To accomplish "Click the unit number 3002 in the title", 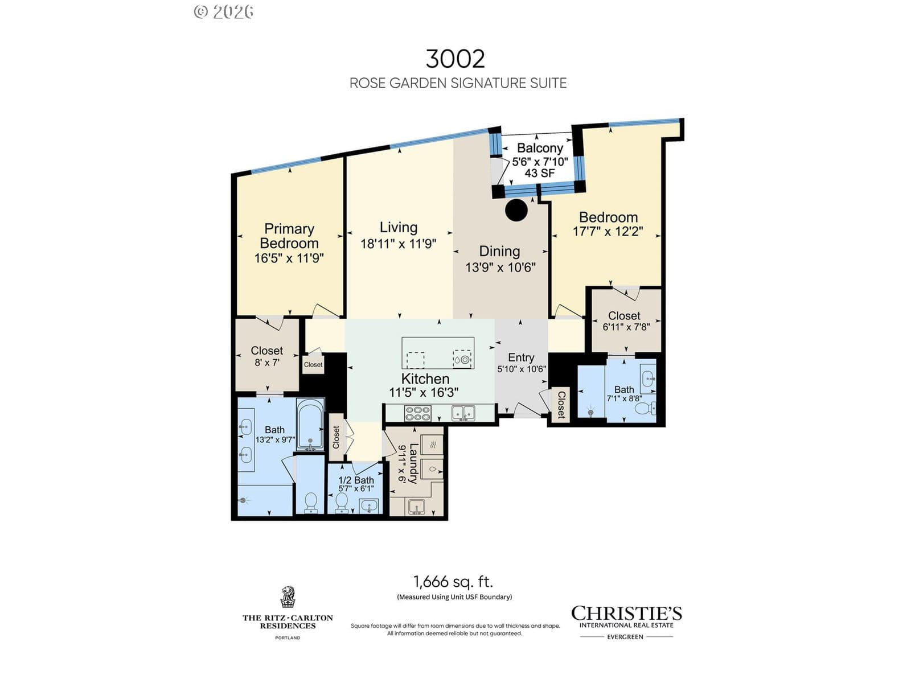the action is click(x=455, y=59).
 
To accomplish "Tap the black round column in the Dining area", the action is click(x=516, y=210).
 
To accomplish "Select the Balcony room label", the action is click(x=540, y=147).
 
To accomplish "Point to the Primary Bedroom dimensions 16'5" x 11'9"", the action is click(x=289, y=258).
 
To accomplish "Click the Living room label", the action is click(x=399, y=227).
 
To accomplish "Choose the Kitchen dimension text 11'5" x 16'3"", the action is click(x=424, y=392).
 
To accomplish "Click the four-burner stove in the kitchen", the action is click(x=417, y=413).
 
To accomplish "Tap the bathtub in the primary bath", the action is click(x=310, y=425).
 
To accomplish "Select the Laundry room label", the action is click(x=413, y=464).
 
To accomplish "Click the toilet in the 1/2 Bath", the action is click(x=341, y=503).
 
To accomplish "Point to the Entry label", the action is click(x=522, y=357).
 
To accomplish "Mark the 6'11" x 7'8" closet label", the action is click(x=626, y=327).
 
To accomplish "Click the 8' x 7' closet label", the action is click(x=267, y=363).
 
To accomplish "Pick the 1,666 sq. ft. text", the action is click(x=453, y=582).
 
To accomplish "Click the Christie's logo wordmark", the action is click(x=626, y=614).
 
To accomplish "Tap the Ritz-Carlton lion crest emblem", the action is click(x=288, y=596).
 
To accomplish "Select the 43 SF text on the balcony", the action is click(x=540, y=173).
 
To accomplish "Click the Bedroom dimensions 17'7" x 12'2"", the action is click(x=608, y=232).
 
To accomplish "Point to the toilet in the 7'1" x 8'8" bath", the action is click(x=645, y=408).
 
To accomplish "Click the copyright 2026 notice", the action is click(x=224, y=12).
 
